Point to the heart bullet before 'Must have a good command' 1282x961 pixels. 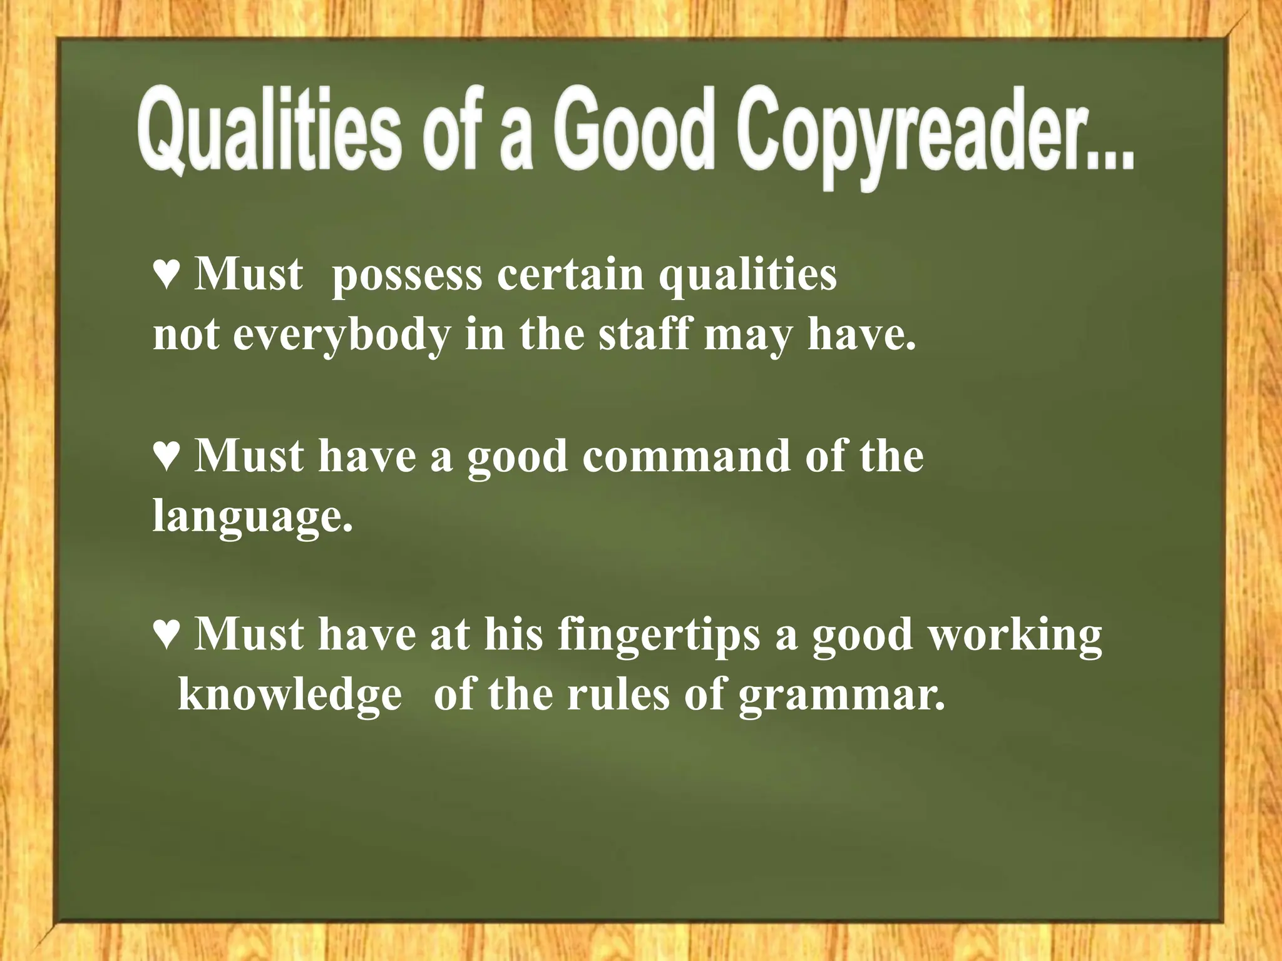(167, 457)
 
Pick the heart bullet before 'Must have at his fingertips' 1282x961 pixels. (167, 634)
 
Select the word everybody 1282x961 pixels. (342, 336)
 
